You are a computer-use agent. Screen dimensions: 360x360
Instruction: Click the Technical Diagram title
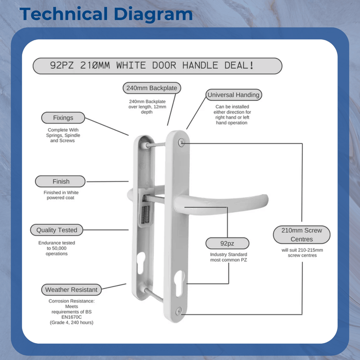pos(106,14)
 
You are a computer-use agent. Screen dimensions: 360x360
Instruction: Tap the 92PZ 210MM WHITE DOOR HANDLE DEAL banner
pos(157,66)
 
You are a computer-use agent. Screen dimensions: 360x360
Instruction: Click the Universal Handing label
pos(233,95)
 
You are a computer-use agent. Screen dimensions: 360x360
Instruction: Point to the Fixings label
pos(63,118)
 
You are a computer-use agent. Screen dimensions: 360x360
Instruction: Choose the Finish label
pos(61,182)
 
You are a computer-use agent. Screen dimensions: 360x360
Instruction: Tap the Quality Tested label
pos(57,230)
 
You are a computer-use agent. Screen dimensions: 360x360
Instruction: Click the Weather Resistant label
pos(71,290)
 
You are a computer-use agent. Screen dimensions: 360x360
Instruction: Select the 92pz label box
pos(227,243)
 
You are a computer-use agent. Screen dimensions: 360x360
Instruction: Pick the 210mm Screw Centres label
pos(301,235)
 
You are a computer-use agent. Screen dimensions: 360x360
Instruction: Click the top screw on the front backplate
pos(181,142)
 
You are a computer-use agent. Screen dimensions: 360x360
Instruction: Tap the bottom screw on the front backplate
pos(178,310)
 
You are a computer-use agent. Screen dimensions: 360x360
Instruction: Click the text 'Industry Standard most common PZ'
pos(228,257)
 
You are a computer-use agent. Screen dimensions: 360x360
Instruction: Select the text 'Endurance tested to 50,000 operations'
pos(57,248)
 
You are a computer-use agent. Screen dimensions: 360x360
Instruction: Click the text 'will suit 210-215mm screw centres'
pos(302,252)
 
